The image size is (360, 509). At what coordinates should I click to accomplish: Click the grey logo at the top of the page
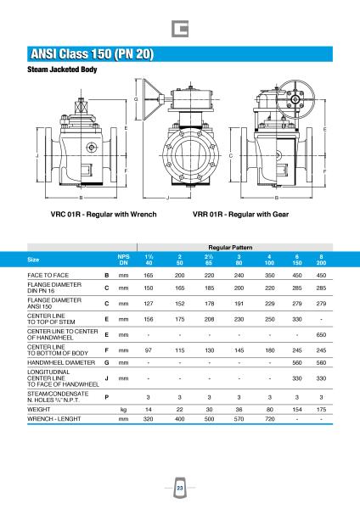[x=180, y=29]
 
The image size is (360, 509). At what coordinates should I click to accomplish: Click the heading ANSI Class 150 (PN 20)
[x=92, y=54]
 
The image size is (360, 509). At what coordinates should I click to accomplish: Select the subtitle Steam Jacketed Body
[x=62, y=70]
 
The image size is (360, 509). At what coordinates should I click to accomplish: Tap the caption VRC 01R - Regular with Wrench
[x=104, y=215]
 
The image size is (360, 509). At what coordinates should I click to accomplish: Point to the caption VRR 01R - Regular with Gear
[x=240, y=215]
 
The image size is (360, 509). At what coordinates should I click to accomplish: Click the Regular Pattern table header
[x=230, y=248]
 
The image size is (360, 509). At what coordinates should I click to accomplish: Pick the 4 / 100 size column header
[x=269, y=260]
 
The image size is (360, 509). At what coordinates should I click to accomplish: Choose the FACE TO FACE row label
[x=48, y=275]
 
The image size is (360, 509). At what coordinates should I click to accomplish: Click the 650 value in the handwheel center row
[x=321, y=335]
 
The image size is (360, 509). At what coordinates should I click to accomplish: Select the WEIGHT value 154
[x=297, y=410]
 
